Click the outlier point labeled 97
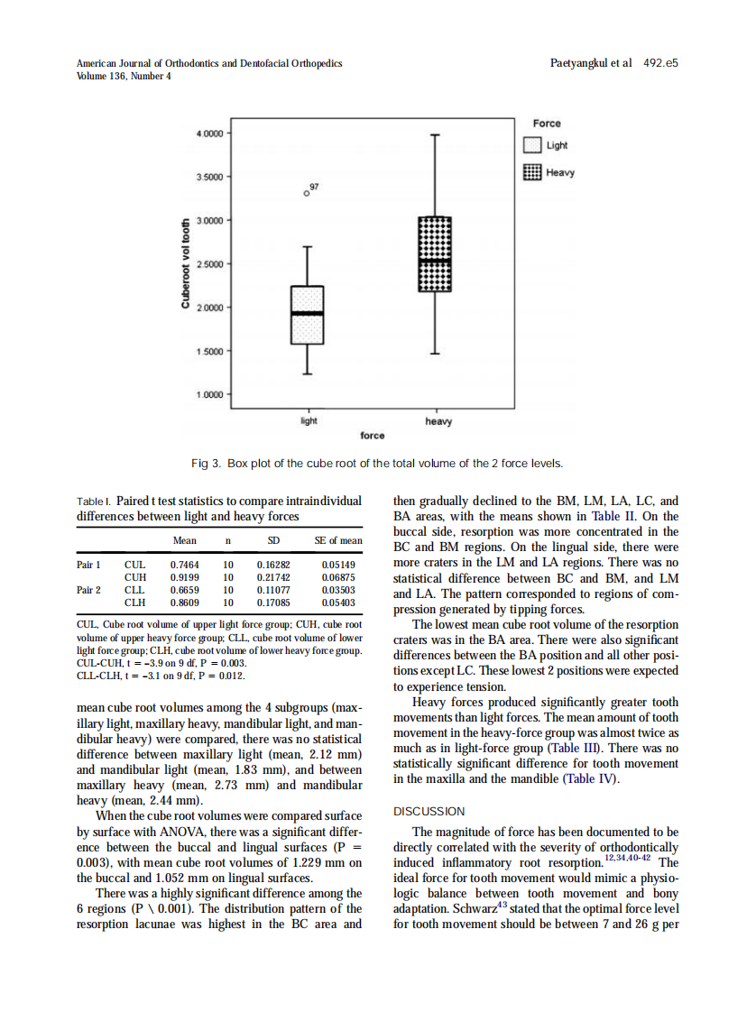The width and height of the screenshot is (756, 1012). point(307,193)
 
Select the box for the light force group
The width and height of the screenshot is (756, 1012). point(307,315)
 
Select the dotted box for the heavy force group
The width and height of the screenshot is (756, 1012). point(435,254)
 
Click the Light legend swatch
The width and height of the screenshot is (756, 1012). point(533,146)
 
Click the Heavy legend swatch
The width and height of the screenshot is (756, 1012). point(533,172)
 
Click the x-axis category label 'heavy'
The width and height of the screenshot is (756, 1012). point(438,421)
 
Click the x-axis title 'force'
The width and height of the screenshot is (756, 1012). point(372,436)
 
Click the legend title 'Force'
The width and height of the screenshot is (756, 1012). point(546,124)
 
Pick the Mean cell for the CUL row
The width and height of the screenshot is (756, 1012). point(184,565)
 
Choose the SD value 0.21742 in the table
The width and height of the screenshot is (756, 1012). point(273,577)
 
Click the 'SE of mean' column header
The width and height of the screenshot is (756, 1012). point(338,541)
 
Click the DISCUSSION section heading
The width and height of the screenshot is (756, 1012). point(429,812)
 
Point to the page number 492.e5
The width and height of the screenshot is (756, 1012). point(660,63)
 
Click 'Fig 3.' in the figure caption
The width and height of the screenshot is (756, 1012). point(206,464)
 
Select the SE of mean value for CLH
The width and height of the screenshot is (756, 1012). point(338,602)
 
